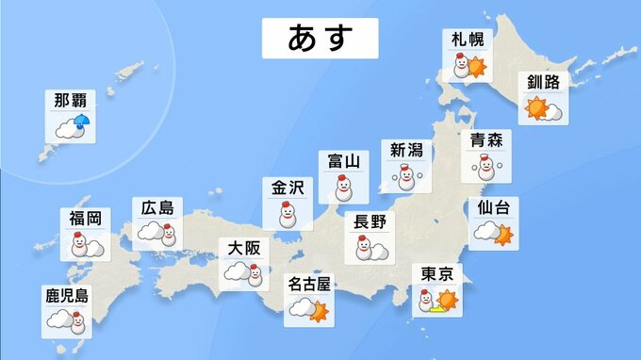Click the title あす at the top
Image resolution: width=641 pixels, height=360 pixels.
click(x=320, y=39)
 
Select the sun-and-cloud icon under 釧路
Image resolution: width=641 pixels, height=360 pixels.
click(x=545, y=108)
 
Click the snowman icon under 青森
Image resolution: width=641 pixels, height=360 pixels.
click(x=486, y=168)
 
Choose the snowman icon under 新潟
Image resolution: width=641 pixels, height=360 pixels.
click(x=406, y=177)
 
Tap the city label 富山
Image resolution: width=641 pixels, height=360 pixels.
click(x=343, y=161)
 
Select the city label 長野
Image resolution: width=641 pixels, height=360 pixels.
click(x=370, y=222)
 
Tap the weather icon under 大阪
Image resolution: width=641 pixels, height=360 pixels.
click(x=242, y=274)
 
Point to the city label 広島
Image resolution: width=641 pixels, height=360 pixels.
click(x=157, y=208)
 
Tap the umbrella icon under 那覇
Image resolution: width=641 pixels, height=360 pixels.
click(x=81, y=123)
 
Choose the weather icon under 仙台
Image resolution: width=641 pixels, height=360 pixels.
click(x=494, y=234)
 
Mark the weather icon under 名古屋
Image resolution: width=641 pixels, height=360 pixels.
click(x=310, y=307)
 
